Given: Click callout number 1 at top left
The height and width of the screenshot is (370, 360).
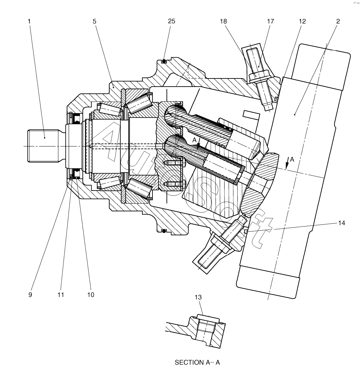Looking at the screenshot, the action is click(29, 22).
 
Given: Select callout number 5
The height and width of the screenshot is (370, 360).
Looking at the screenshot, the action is click(95, 22).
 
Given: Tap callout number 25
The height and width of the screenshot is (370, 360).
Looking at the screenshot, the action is click(171, 21).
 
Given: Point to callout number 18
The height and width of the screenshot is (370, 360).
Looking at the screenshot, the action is click(223, 22).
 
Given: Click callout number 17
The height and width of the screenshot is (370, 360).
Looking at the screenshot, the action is click(270, 22).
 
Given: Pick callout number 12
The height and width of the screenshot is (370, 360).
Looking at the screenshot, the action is click(302, 22).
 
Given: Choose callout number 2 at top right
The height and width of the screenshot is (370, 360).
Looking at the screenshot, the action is click(338, 22).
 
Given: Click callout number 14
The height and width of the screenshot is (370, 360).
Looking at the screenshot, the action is click(342, 223).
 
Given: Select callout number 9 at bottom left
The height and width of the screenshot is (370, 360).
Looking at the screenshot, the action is click(30, 295).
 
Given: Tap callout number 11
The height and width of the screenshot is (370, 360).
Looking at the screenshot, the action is click(61, 295).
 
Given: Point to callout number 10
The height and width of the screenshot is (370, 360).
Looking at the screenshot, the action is click(91, 295).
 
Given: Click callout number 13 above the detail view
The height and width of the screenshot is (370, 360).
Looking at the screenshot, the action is click(198, 297).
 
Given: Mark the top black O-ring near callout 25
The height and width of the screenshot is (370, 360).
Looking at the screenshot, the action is click(164, 61).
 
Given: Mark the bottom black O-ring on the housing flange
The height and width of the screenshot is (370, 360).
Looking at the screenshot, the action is click(164, 231).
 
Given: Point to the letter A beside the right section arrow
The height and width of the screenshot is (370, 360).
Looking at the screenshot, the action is click(292, 160).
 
